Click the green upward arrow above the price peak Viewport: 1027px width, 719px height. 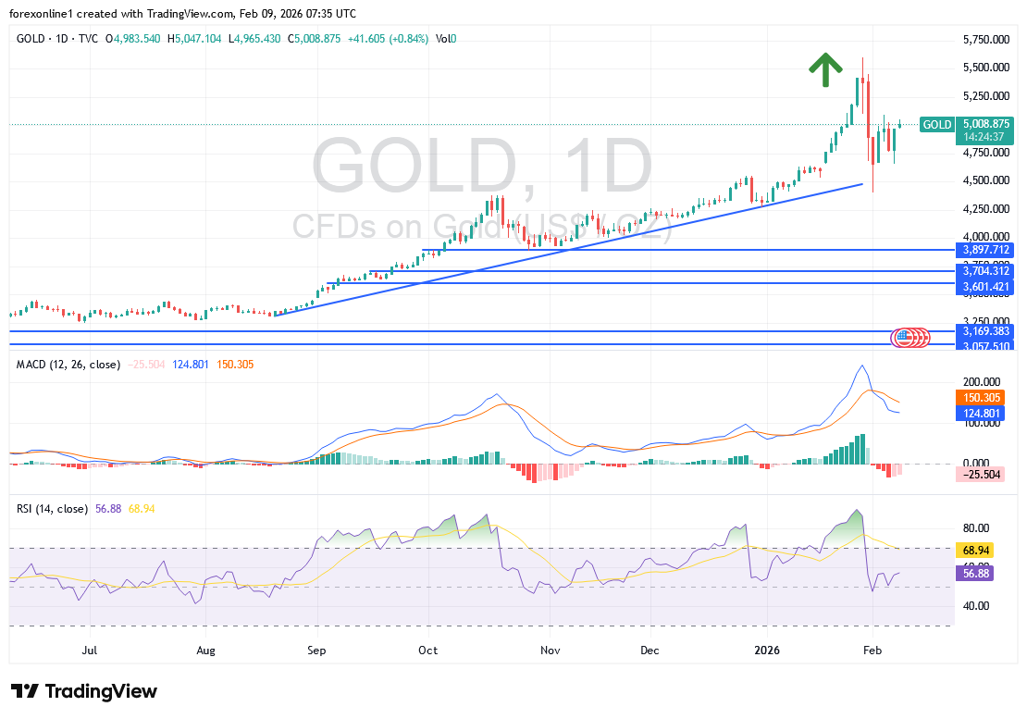825,69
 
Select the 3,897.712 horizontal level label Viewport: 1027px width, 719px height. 986,250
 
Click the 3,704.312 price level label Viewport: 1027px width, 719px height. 986,271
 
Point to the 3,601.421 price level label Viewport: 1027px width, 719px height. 986,288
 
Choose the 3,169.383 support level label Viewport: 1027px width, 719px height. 986,330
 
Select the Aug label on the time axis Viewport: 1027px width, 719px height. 206,651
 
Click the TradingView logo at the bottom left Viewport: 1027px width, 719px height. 84,691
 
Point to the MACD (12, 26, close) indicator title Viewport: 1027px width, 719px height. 68,365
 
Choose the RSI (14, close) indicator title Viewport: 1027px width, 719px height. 53,509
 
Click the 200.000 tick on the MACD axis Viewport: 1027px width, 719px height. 982,381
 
